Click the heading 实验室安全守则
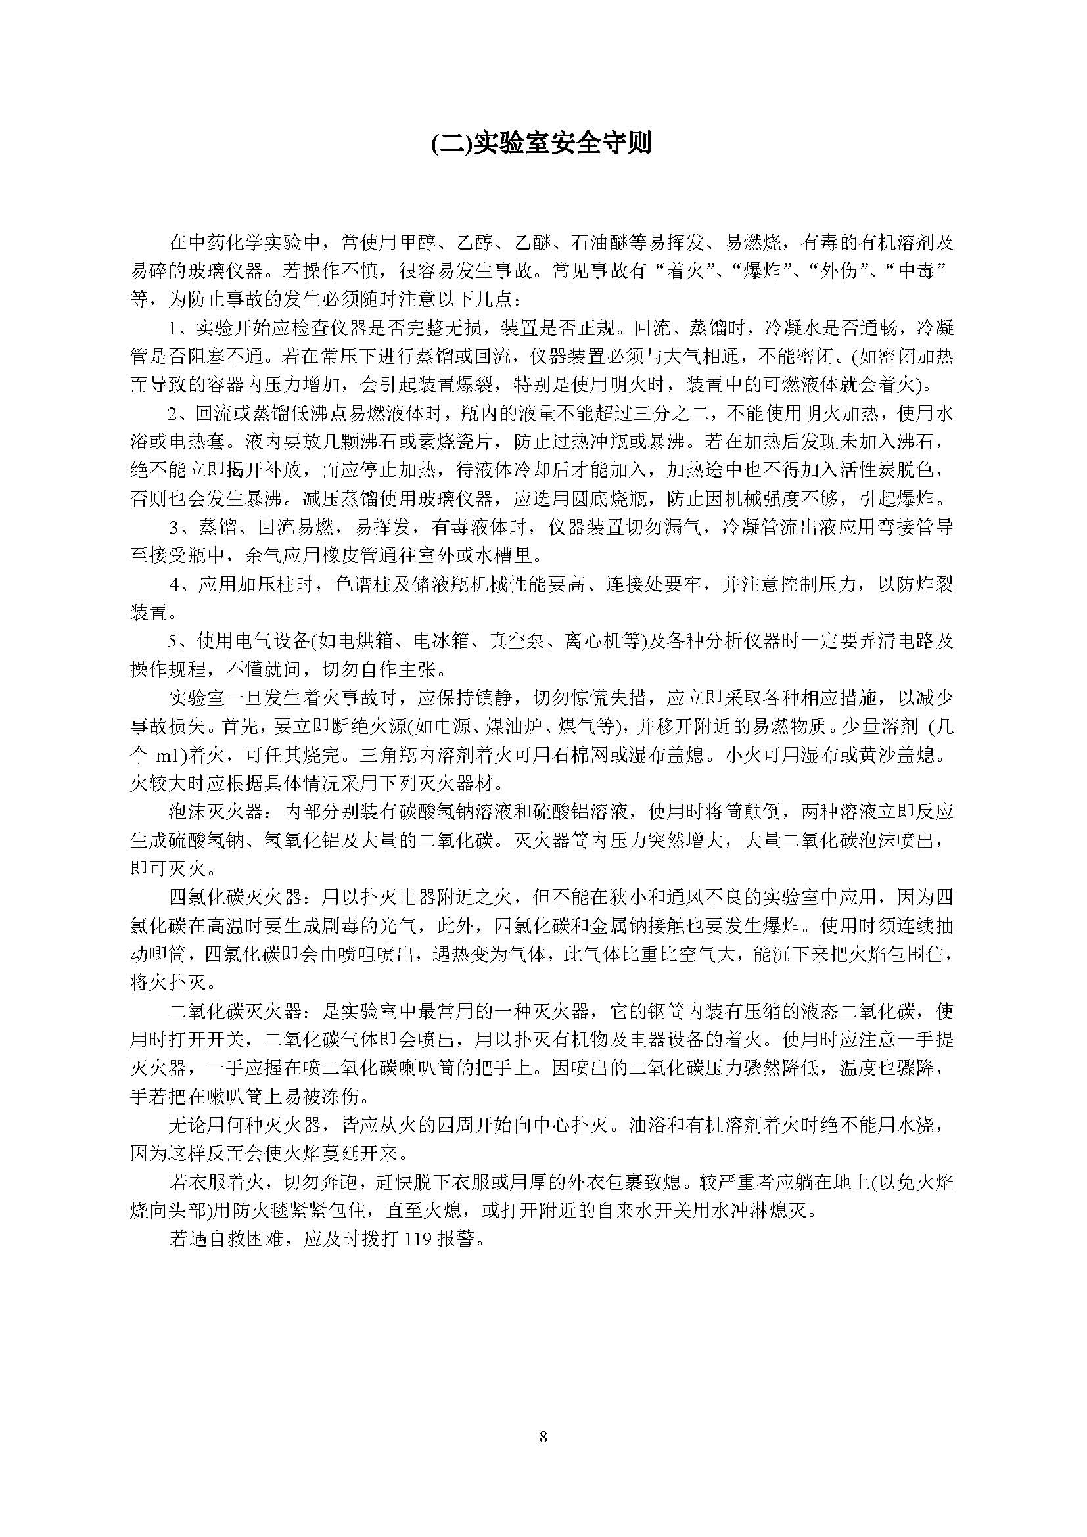coord(543,143)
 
